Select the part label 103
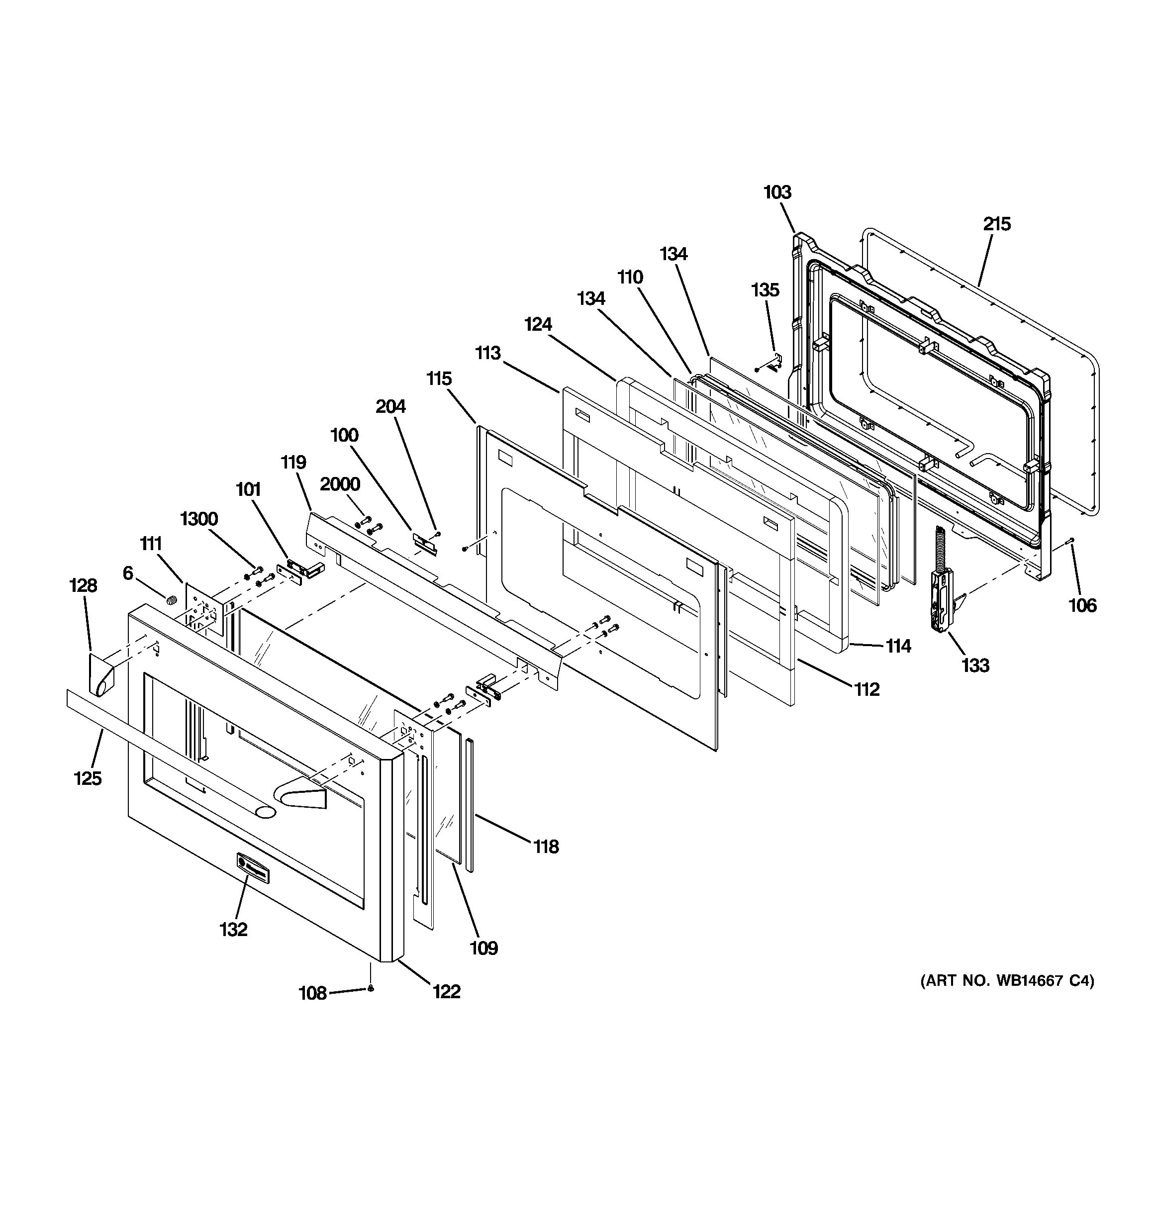click(x=777, y=192)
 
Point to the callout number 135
click(x=765, y=290)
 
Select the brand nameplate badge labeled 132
click(x=253, y=867)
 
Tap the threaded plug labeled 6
click(x=172, y=599)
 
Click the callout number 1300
click(x=199, y=519)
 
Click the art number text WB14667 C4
click(x=1007, y=998)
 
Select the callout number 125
click(x=88, y=778)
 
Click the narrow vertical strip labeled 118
click(x=470, y=805)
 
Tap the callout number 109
click(x=483, y=948)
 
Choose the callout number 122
click(x=446, y=991)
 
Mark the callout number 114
click(x=897, y=646)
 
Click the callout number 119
click(x=293, y=462)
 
